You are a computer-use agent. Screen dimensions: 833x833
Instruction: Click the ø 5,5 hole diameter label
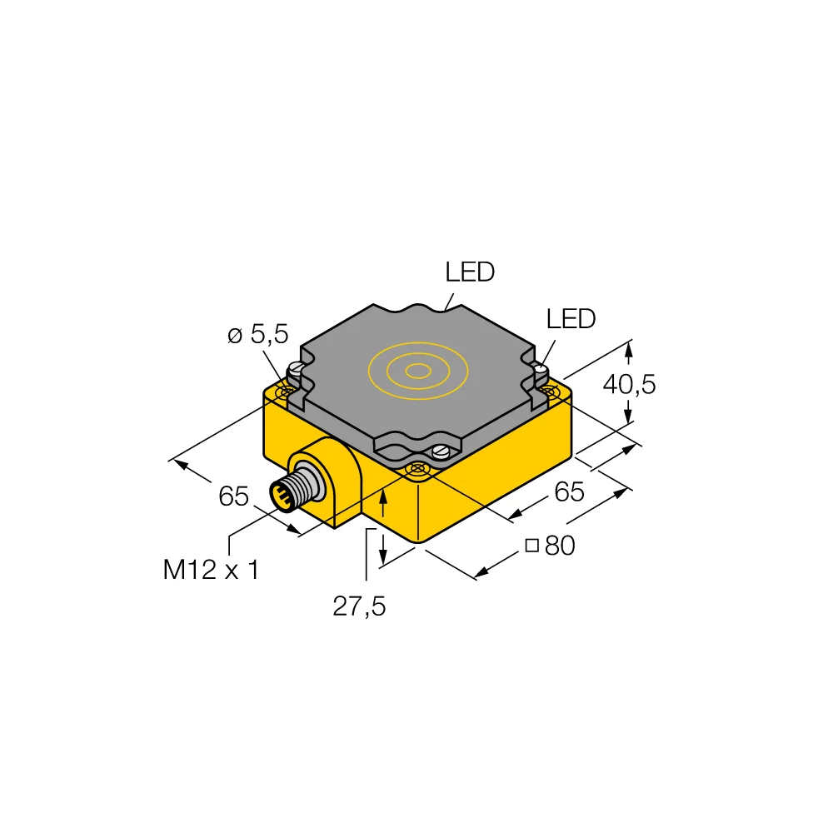coord(257,335)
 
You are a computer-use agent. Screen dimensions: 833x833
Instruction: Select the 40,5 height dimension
coord(629,384)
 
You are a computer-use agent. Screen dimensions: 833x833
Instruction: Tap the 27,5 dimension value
coord(359,606)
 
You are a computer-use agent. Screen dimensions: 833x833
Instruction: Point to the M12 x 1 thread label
coord(211,570)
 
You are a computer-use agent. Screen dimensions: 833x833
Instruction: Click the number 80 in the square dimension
coord(560,546)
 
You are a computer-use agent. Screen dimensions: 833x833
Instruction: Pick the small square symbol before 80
coord(531,546)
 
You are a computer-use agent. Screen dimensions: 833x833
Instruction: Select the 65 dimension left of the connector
coord(234,496)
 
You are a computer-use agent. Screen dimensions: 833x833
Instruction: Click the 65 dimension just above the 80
coord(569,492)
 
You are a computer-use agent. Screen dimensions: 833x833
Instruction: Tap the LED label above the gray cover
coord(470,272)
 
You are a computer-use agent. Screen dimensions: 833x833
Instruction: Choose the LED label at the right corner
coord(571,318)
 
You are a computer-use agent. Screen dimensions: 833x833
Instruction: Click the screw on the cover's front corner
coord(441,452)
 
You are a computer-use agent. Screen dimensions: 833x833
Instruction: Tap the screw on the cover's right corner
coord(540,367)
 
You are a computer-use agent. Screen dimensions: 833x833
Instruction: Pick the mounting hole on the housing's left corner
coord(287,391)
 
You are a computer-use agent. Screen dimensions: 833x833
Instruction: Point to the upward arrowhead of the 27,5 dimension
coord(383,496)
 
